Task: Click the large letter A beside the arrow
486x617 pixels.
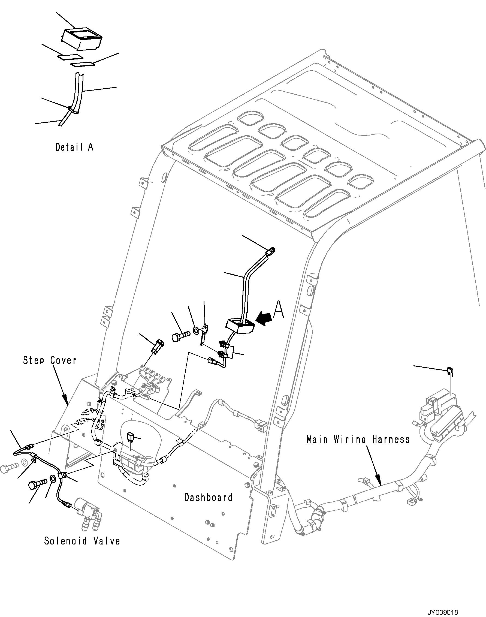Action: (279, 311)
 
